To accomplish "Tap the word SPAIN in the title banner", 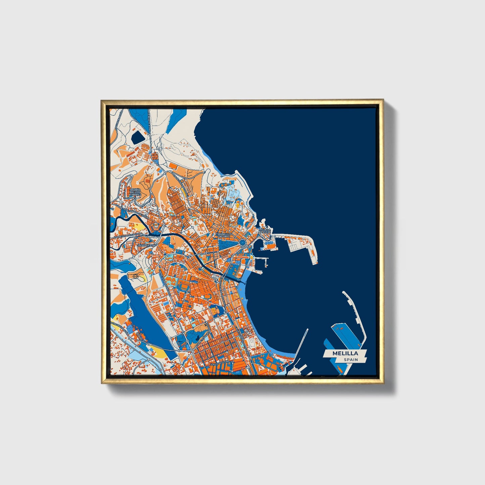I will [350, 360].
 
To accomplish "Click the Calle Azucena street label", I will [220, 363].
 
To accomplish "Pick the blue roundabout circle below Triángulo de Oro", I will [243, 242].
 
